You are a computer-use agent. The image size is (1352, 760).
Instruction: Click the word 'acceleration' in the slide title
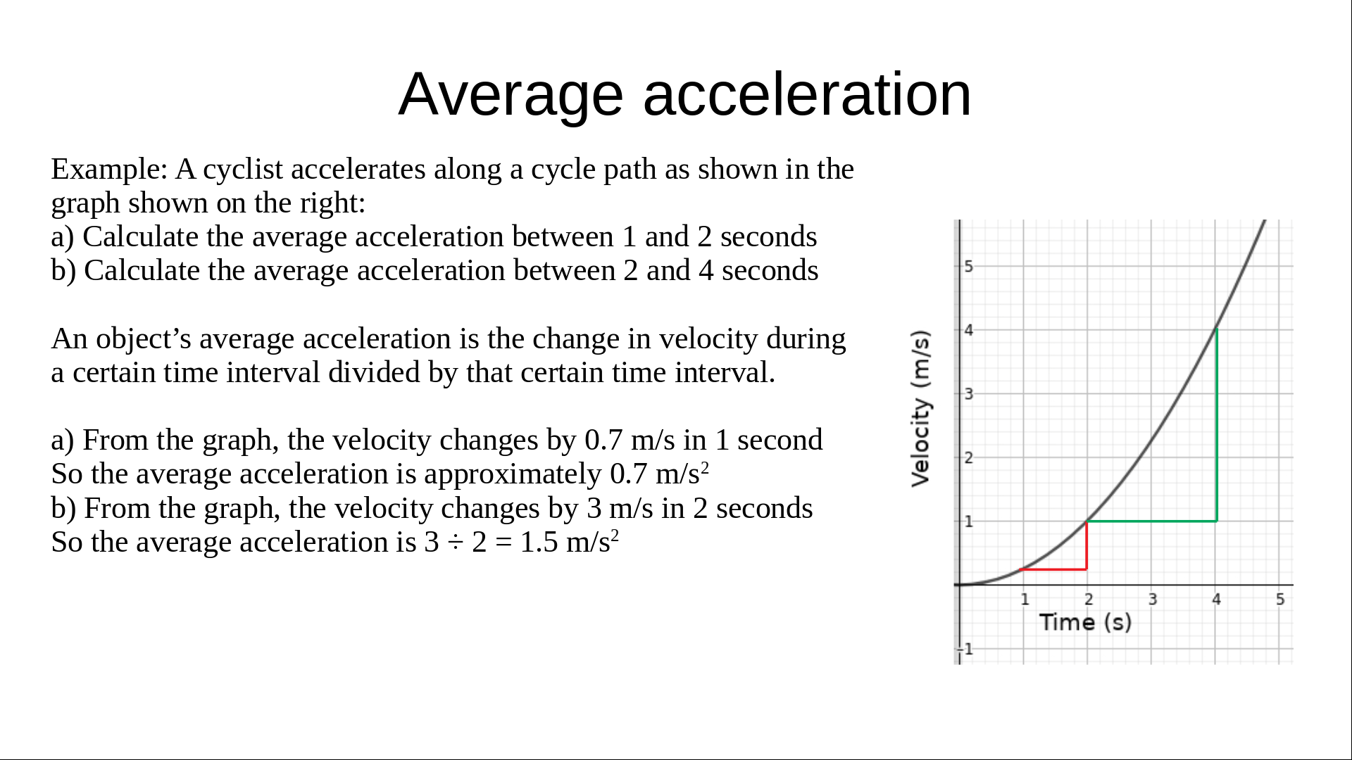[807, 94]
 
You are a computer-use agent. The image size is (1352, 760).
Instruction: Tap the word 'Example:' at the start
[109, 170]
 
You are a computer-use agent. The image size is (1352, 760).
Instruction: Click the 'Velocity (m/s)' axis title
[920, 408]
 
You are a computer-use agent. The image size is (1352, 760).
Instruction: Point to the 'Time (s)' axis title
[1085, 622]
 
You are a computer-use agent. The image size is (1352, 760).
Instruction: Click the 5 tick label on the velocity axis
[969, 267]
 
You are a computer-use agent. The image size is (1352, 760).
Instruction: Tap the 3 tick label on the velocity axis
[969, 394]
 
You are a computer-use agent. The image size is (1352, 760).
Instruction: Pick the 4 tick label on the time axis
[1216, 600]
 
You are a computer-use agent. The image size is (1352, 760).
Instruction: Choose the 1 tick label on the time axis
[1025, 600]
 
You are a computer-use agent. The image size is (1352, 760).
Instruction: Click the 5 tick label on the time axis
[1280, 600]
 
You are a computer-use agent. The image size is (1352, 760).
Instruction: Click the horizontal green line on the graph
[1152, 521]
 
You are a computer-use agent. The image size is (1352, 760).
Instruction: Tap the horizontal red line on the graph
[1054, 569]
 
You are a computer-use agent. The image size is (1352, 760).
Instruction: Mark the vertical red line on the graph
[1087, 545]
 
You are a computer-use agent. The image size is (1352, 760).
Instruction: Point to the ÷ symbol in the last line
[455, 543]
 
